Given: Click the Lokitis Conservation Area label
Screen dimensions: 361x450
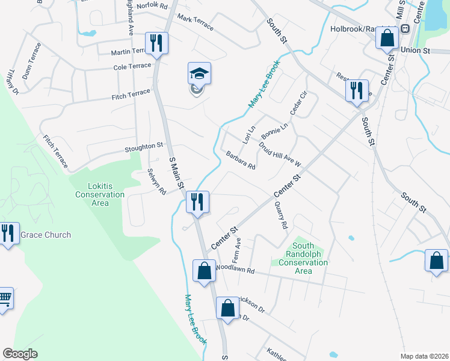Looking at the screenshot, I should click(x=100, y=194).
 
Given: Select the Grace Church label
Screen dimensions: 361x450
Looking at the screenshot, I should click(x=45, y=235).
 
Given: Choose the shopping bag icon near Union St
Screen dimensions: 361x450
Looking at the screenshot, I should click(x=387, y=39).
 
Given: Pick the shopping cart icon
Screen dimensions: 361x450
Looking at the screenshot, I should click(x=4, y=297).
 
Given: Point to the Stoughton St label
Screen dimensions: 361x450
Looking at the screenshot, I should click(x=144, y=146).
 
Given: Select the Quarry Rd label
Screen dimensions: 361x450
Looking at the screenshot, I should click(x=280, y=215).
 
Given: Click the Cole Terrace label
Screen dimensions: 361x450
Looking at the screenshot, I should click(x=132, y=66).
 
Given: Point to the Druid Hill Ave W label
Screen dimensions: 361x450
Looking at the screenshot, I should click(x=279, y=155).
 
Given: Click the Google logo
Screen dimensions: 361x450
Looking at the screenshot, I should click(x=20, y=354).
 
